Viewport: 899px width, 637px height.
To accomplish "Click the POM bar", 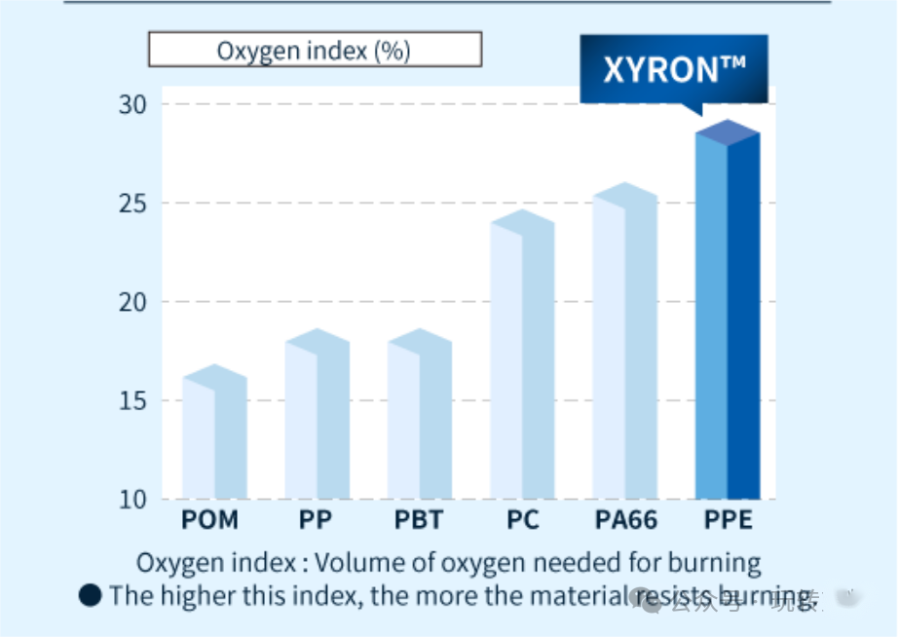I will coord(214,438).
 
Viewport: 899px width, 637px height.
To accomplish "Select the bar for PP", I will coord(317,419).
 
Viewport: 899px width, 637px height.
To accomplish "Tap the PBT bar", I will coord(420,419).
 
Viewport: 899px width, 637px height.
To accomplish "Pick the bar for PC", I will coord(522,360).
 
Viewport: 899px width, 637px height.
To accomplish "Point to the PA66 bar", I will coord(625,346).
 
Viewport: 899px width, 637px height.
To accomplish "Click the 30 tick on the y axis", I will coord(132,104).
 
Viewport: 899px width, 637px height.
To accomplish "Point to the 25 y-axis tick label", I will coord(132,204).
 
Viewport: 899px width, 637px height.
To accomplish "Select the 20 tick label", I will coord(132,302).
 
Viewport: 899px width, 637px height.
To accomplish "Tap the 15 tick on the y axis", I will coord(132,401).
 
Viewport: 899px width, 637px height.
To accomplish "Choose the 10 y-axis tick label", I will coord(132,500).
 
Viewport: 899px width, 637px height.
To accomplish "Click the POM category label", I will coord(209,520).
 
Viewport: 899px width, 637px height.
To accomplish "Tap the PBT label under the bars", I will coord(419,520).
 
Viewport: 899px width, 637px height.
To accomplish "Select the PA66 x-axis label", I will coord(624,520).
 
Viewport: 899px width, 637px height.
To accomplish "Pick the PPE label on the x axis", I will coord(729,520).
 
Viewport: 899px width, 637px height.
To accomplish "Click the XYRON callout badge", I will coord(674,70).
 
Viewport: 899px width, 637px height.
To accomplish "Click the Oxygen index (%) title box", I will coord(315,50).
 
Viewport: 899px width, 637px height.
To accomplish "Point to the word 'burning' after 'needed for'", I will coord(714,563).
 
